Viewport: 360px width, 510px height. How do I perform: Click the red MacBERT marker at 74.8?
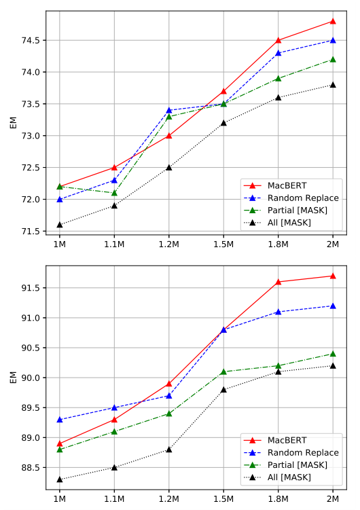click(x=333, y=21)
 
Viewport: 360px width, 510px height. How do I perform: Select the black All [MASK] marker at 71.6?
click(x=60, y=224)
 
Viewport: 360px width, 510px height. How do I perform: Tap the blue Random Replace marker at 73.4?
click(x=169, y=110)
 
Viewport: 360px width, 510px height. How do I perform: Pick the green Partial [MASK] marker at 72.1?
click(x=114, y=192)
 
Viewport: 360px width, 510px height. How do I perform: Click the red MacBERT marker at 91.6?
click(x=278, y=282)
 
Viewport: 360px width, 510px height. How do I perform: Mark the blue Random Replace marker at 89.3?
click(x=60, y=420)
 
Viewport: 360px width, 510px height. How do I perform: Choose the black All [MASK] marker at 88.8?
click(x=169, y=450)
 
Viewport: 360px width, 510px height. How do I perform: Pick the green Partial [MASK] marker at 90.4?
click(x=333, y=354)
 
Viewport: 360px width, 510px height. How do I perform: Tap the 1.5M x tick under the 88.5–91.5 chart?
click(x=223, y=497)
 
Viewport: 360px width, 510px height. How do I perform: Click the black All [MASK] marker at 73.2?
click(x=223, y=123)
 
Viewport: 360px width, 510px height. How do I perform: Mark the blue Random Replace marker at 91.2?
click(x=333, y=306)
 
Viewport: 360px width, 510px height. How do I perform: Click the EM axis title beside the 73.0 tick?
click(x=13, y=123)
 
